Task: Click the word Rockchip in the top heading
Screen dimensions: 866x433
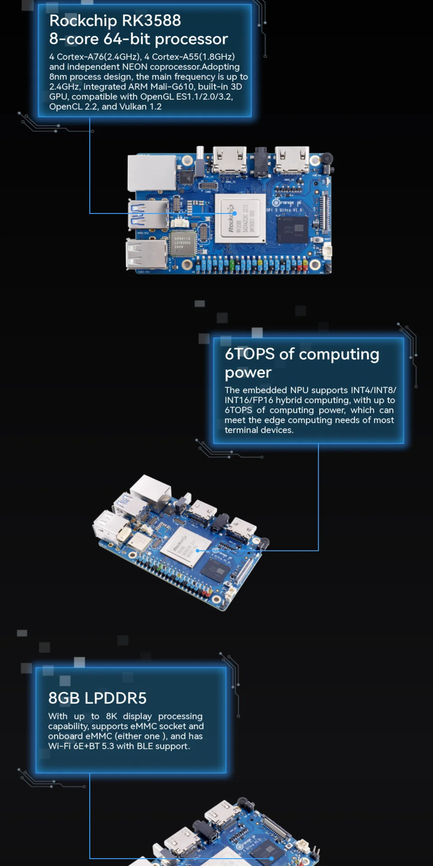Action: (83, 21)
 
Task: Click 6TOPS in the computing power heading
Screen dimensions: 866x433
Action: (250, 354)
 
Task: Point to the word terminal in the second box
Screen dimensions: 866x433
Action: (242, 430)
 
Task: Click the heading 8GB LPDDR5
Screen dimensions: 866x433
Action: (97, 698)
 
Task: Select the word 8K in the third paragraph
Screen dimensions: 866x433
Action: (111, 716)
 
